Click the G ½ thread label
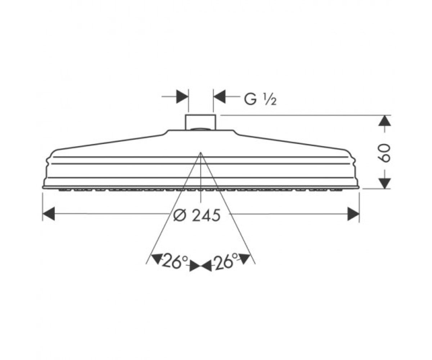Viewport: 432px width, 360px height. point(260,99)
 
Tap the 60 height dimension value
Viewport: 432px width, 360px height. point(384,153)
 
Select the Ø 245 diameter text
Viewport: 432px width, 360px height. point(197,215)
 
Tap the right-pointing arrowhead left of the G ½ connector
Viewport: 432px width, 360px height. point(182,96)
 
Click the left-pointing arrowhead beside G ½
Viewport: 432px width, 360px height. point(220,96)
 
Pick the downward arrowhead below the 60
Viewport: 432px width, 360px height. point(384,183)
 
